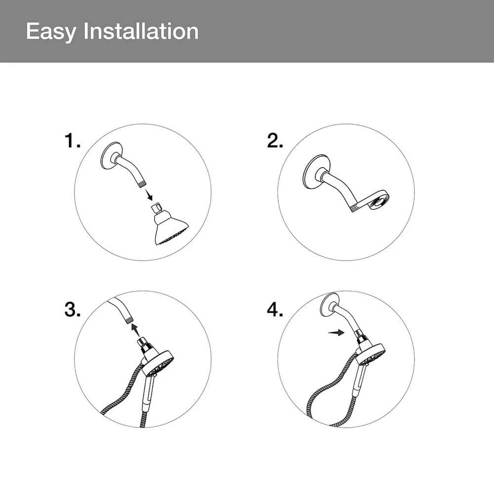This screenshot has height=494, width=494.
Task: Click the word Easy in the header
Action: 51,32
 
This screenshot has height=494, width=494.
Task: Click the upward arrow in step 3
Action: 135,330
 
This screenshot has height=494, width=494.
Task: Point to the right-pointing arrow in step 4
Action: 336,332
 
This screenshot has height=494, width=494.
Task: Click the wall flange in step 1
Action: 112,156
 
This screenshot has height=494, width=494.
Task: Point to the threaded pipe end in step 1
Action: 143,184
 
